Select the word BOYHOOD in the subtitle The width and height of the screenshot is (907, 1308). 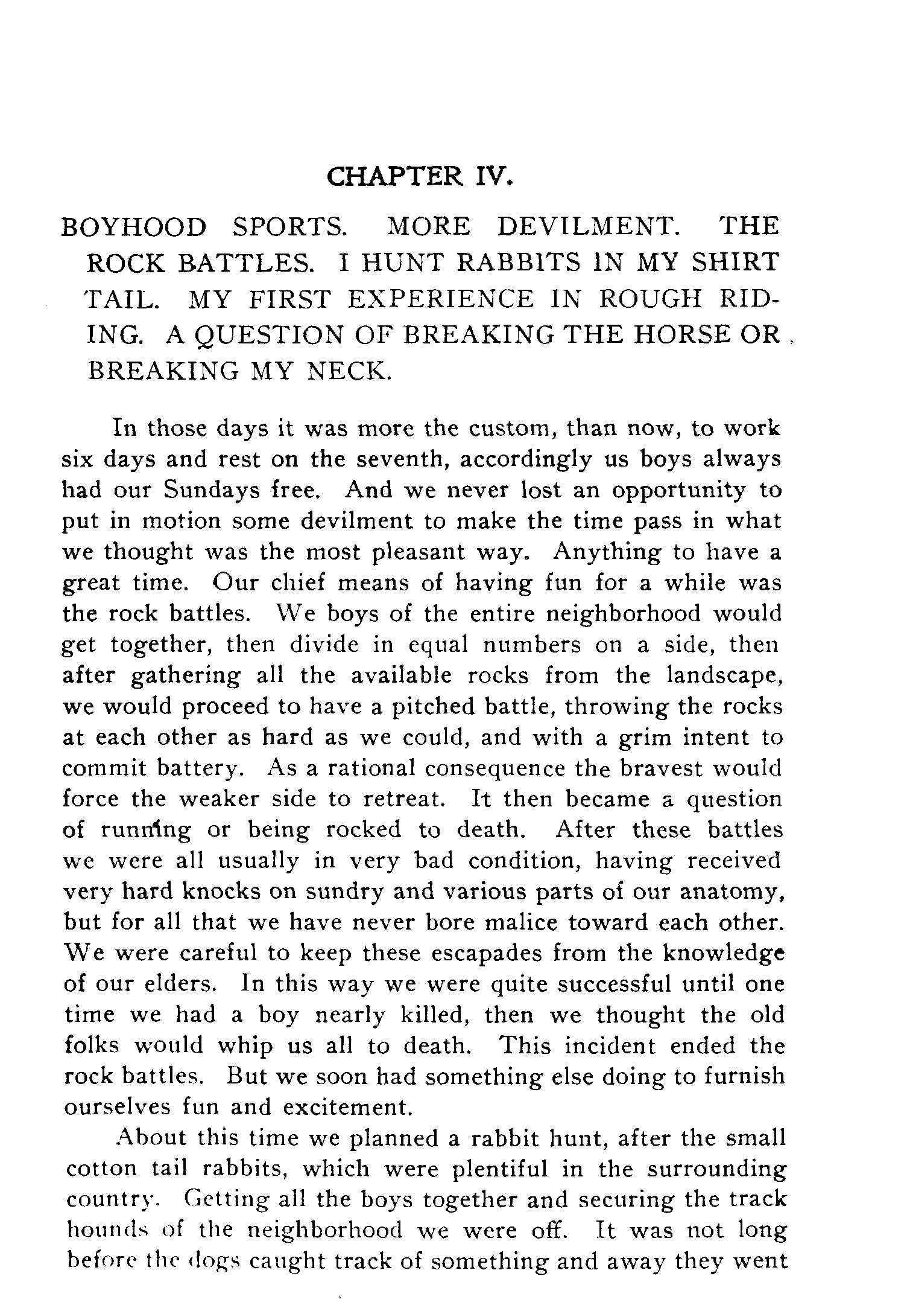pyautogui.click(x=134, y=226)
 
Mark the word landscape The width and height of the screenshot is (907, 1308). pyautogui.click(x=724, y=675)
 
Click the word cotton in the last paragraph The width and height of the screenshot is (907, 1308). pyautogui.click(x=101, y=1169)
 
